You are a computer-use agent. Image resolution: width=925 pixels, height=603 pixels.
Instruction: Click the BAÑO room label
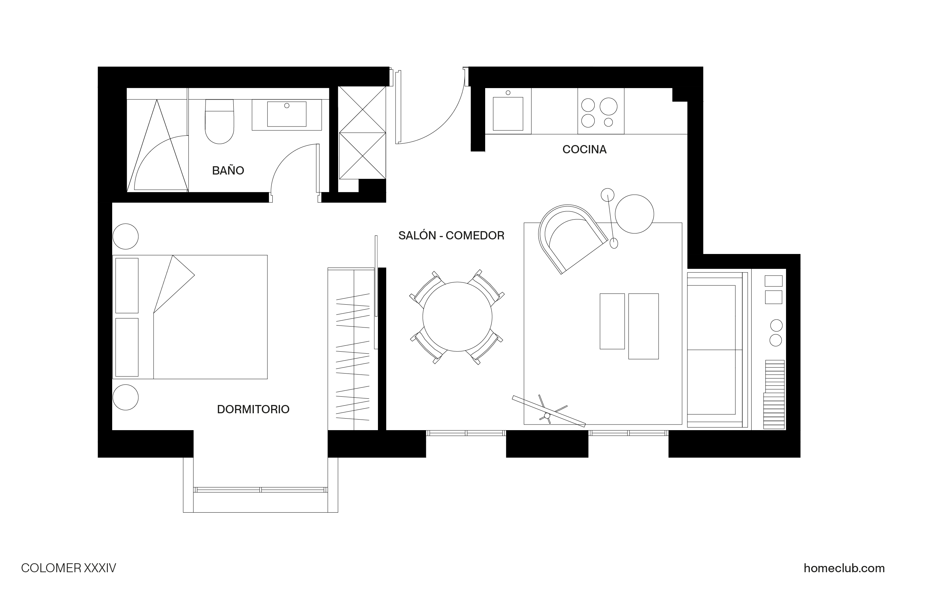pyautogui.click(x=228, y=170)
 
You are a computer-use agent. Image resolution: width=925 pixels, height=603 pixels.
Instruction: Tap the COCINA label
pyautogui.click(x=584, y=149)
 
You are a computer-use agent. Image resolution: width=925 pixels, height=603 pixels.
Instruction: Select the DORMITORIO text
pyautogui.click(x=253, y=409)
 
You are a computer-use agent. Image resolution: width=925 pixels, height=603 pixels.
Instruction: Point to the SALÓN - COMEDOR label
pyautogui.click(x=451, y=235)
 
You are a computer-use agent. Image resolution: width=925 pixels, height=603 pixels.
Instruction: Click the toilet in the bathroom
pyautogui.click(x=220, y=122)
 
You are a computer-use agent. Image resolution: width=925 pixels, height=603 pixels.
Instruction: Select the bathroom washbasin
pyautogui.click(x=287, y=114)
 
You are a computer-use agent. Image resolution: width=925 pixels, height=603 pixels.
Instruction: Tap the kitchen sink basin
pyautogui.click(x=508, y=114)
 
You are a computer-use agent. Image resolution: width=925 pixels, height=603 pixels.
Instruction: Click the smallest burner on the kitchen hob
pyautogui.click(x=609, y=122)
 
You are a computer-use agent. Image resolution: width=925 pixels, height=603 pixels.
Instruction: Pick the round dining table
pyautogui.click(x=457, y=317)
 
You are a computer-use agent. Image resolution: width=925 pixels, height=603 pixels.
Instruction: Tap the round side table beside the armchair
pyautogui.click(x=634, y=214)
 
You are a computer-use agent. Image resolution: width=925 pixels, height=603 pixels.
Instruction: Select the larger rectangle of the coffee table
pyautogui.click(x=643, y=326)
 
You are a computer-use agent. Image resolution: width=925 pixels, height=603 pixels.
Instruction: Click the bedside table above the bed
pyautogui.click(x=125, y=236)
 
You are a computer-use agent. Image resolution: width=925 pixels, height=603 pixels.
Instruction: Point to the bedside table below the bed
pyautogui.click(x=125, y=397)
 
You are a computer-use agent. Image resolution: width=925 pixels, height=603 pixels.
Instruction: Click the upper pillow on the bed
pyautogui.click(x=127, y=285)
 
